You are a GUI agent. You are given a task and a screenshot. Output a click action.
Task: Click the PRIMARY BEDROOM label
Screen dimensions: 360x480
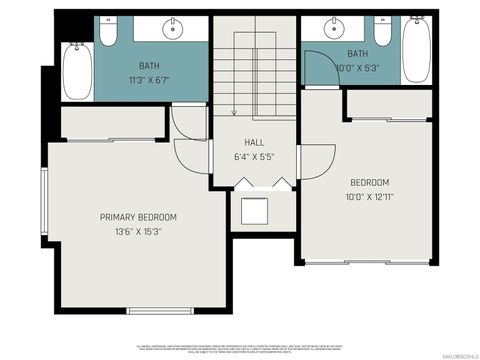click(x=138, y=217)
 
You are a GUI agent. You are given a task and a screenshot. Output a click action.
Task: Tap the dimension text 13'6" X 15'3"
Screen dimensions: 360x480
click(x=138, y=231)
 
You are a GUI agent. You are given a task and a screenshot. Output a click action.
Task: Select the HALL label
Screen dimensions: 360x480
click(x=253, y=143)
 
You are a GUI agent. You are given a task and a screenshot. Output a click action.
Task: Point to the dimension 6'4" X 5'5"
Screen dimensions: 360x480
click(x=253, y=157)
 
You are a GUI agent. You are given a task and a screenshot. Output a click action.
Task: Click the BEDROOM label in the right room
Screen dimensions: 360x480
click(x=369, y=182)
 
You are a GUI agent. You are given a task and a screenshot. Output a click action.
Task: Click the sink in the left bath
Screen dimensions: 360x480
click(x=174, y=26)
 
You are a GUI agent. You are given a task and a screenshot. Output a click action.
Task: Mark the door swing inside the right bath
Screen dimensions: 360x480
click(x=318, y=65)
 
